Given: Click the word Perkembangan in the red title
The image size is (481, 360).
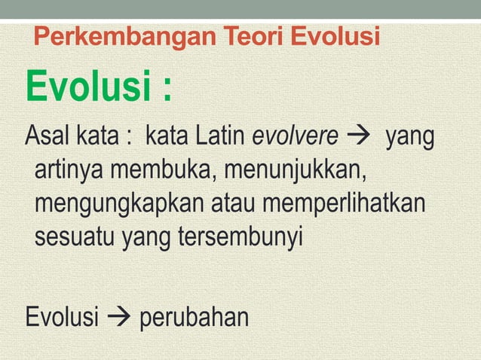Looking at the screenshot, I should point(114,36).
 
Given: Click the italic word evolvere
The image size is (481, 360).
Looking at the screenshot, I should point(295,139).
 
